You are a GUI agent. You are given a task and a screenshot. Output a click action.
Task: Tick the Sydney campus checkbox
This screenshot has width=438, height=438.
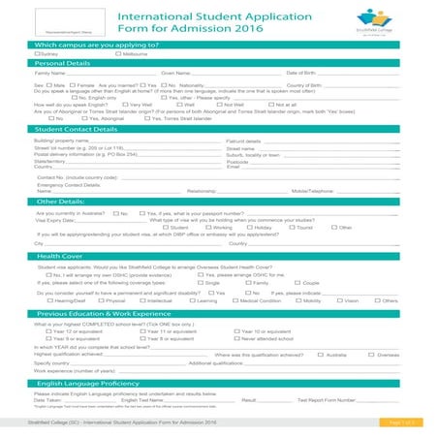pos(37,55)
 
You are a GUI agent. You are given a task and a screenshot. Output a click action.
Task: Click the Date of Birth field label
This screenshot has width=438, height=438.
pos(304,74)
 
